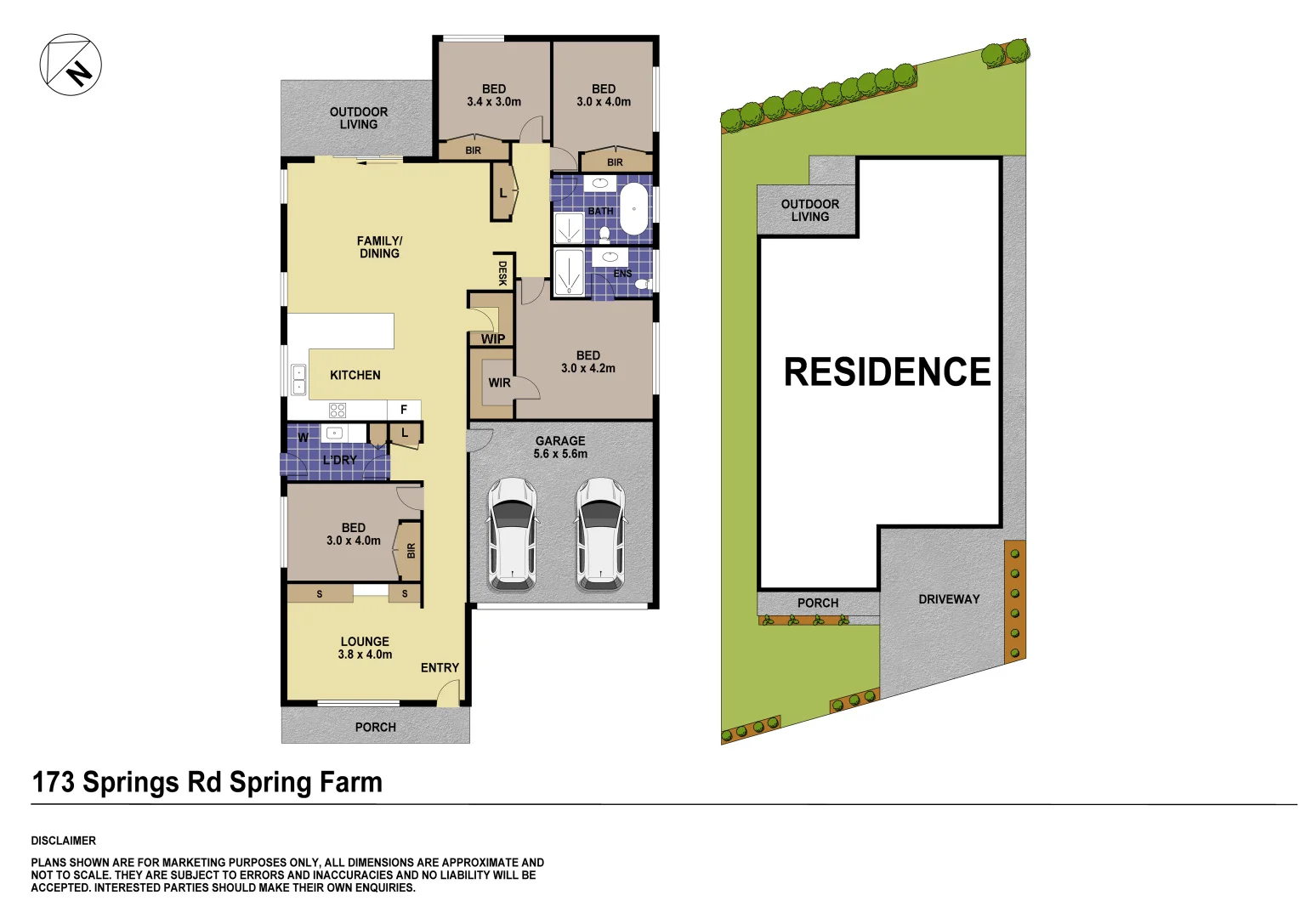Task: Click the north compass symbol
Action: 71,65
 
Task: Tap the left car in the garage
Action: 512,534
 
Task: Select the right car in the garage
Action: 600,534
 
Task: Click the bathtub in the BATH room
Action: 633,208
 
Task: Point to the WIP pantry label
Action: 493,338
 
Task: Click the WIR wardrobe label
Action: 499,382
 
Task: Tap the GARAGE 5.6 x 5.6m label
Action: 560,447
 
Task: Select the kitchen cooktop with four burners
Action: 338,411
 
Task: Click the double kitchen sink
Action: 298,380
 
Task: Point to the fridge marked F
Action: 404,410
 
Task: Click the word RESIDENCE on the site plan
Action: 887,372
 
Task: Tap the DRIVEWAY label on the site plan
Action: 949,599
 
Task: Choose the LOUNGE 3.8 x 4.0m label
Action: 365,648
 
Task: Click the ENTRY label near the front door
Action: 440,668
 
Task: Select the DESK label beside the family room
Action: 502,273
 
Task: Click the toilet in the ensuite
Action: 644,284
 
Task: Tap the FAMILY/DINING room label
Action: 379,247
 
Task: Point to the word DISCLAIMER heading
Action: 64,841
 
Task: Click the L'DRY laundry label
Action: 339,460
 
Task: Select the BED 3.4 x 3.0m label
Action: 494,95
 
